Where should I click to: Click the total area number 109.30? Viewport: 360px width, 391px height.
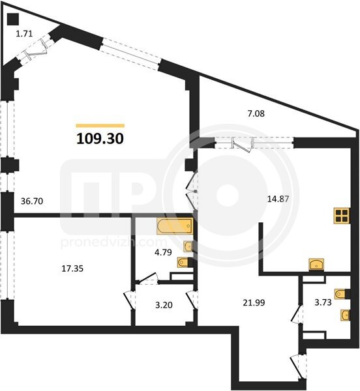100,139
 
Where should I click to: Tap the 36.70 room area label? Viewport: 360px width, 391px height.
32,201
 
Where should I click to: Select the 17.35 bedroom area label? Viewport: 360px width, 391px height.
72,268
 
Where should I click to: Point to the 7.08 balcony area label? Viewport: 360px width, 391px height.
256,113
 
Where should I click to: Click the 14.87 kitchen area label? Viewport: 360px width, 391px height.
278,199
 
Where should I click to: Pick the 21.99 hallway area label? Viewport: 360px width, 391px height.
254,303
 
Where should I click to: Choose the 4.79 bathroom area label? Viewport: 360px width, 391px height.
163,252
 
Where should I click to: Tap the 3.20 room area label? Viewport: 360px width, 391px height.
164,305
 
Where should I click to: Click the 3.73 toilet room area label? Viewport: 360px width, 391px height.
323,302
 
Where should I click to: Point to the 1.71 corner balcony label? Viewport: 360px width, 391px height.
24,34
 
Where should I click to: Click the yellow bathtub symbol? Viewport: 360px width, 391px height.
175,226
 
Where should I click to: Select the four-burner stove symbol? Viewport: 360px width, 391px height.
342,216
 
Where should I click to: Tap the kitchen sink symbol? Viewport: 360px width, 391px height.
316,265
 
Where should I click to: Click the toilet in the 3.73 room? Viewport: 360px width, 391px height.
342,294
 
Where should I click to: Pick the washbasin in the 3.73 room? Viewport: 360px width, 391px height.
345,315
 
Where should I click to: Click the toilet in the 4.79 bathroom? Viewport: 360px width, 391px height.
185,262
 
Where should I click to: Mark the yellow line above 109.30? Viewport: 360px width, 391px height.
100,126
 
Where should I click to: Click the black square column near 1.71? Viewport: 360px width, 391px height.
13,19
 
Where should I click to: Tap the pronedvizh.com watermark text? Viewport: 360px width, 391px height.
113,242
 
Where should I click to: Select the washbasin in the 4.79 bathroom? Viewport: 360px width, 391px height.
188,246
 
